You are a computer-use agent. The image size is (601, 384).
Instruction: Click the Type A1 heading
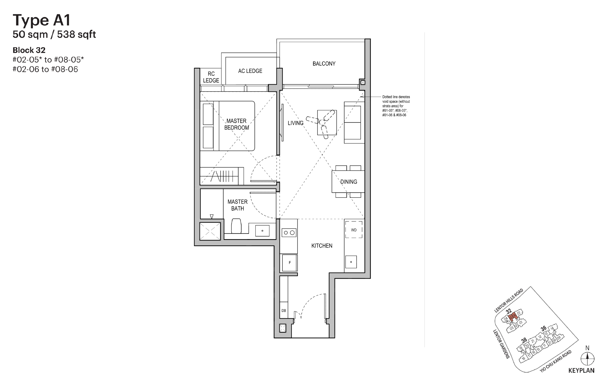(42, 20)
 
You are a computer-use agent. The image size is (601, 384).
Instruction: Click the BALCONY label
(324, 64)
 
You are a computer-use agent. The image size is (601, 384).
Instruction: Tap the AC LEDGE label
(250, 71)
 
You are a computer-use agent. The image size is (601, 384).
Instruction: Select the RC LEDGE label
(211, 77)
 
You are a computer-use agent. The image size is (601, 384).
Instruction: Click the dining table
(348, 182)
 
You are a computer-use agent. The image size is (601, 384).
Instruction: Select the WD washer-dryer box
(354, 230)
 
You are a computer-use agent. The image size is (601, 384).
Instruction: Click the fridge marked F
(290, 263)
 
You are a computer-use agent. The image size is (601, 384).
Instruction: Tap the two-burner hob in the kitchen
(289, 233)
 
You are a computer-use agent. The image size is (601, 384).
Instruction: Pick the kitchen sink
(351, 262)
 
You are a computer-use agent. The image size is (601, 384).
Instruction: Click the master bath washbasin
(262, 231)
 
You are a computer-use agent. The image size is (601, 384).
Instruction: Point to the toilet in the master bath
(237, 226)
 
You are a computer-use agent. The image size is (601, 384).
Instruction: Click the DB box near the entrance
(284, 311)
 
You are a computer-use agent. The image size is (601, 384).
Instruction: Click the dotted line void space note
(396, 106)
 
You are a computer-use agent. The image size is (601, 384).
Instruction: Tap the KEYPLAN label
(581, 371)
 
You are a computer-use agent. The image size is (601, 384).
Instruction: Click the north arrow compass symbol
(587, 359)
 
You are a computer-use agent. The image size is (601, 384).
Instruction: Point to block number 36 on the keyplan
(543, 328)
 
